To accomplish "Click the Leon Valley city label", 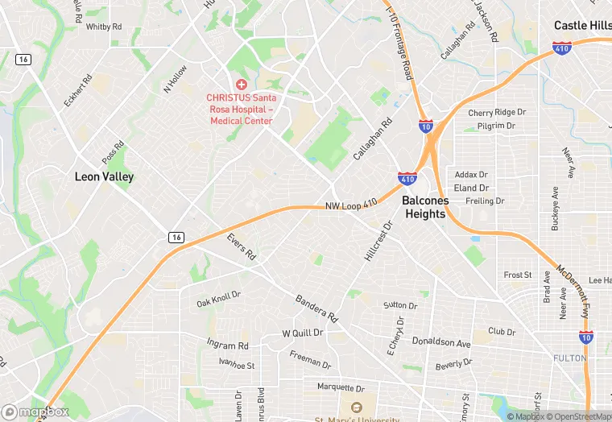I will click(104, 176).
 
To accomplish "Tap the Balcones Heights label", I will click(424, 207).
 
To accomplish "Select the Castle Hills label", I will click(581, 26).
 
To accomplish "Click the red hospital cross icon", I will click(240, 85).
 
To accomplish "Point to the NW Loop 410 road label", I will click(351, 206).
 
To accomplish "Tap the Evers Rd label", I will click(241, 246).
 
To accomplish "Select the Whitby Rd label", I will click(103, 27).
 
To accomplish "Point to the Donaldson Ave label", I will click(440, 342).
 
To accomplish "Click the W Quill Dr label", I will click(302, 333).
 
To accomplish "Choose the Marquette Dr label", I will click(341, 387).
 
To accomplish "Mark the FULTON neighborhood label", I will click(569, 357).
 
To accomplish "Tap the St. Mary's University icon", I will click(351, 407).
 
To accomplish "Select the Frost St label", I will click(518, 275).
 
